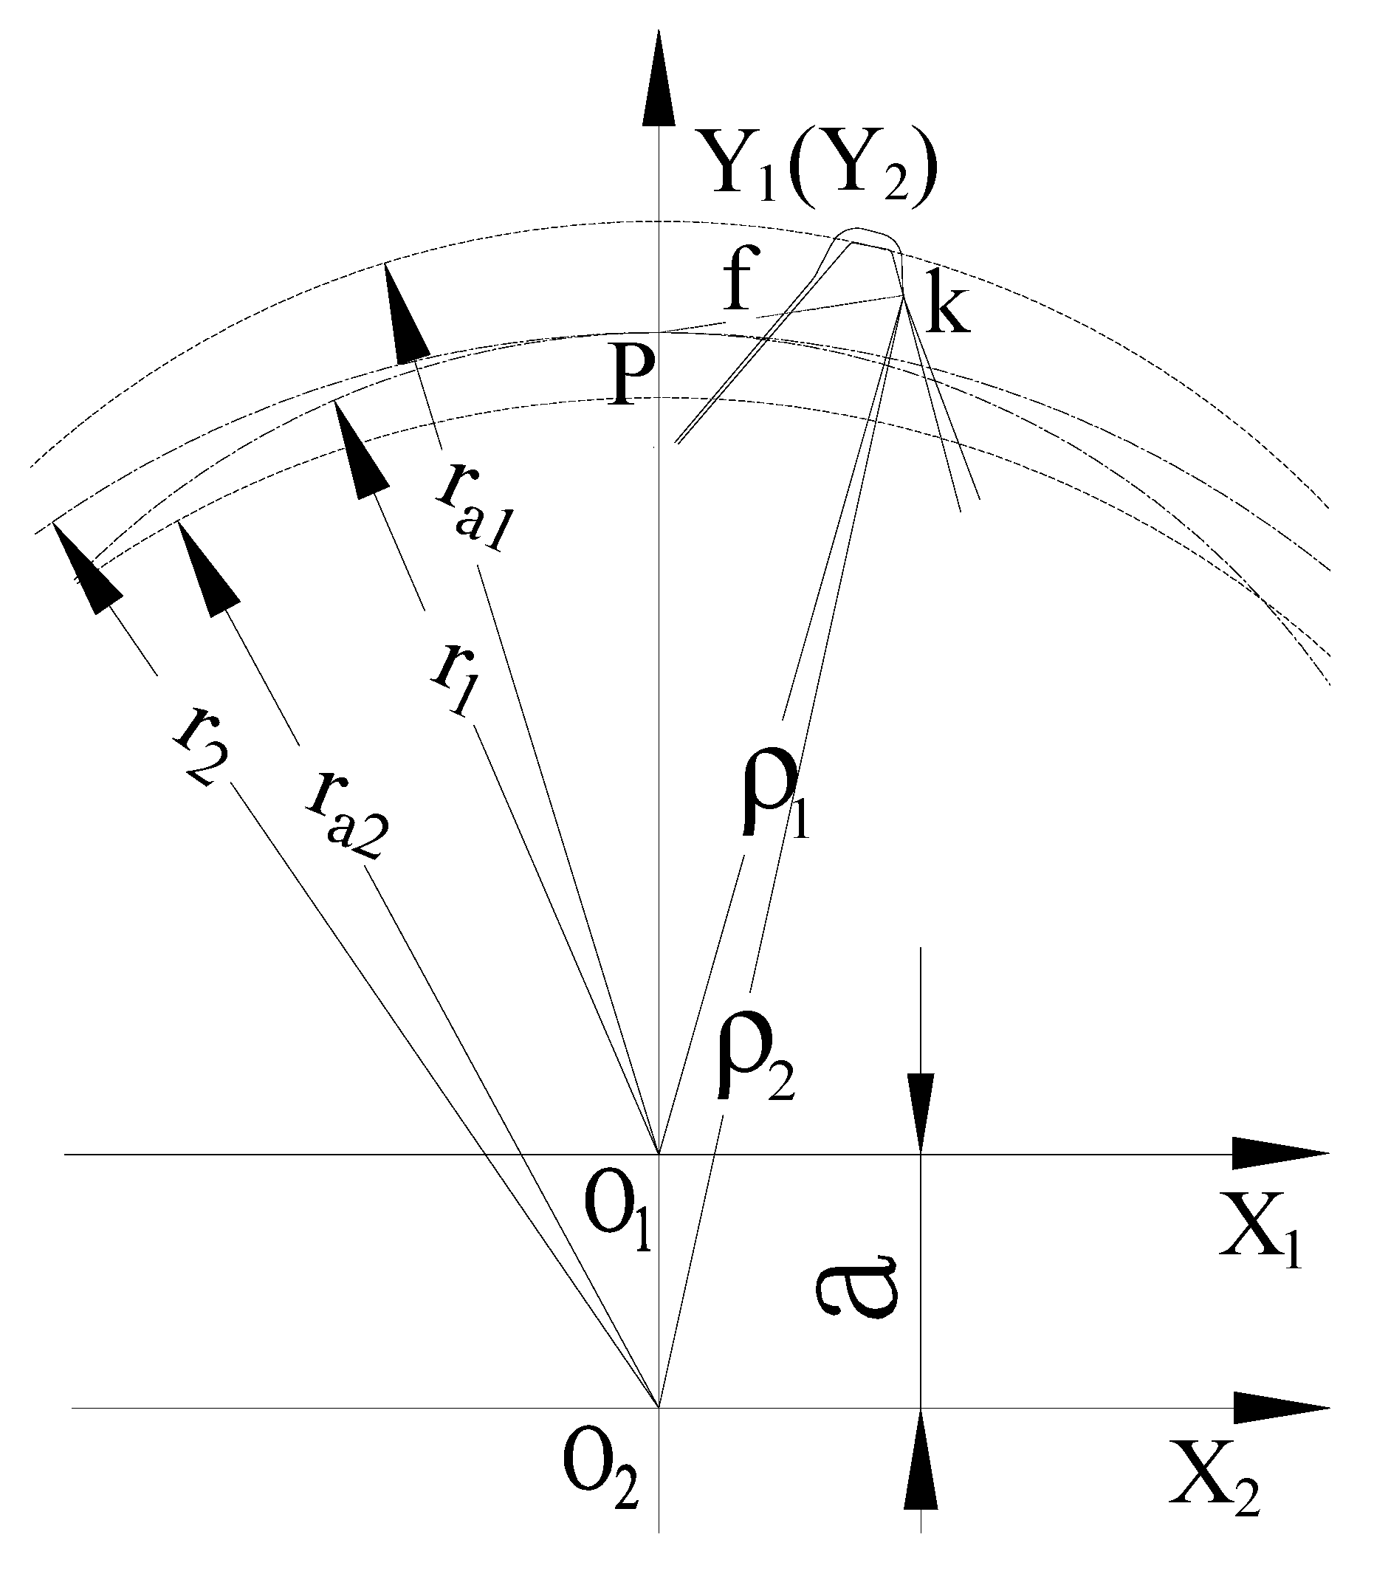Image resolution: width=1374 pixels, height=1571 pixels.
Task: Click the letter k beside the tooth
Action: pos(948,310)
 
